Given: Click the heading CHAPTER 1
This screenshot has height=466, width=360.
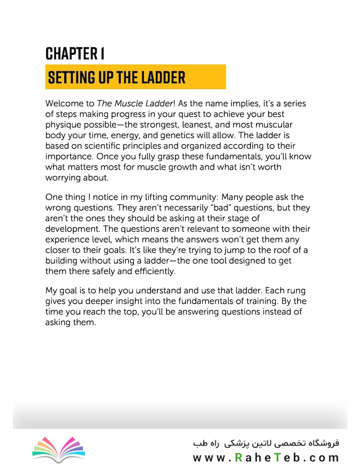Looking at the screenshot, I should pos(75,54).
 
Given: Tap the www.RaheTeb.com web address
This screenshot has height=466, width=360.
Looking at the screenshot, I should pos(266,457).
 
